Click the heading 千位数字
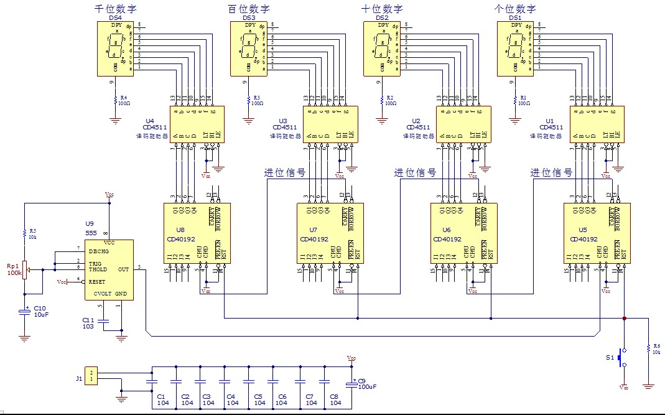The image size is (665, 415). pos(115,9)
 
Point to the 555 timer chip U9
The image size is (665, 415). pos(109,270)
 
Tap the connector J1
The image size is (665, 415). pos(91,376)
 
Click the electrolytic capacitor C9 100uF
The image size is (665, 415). pos(352,384)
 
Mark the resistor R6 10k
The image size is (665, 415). pos(649,349)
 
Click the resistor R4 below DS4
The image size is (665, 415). pos(115,100)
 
